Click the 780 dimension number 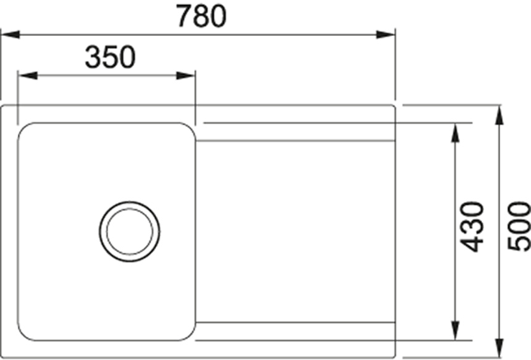tap(198, 16)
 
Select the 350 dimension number tap(109, 56)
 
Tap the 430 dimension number tap(473, 226)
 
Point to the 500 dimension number tap(518, 226)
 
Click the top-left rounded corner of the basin tap(24, 130)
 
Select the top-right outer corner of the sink tap(395, 106)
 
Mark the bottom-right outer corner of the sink tap(395, 357)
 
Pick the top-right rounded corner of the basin tap(189, 129)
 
